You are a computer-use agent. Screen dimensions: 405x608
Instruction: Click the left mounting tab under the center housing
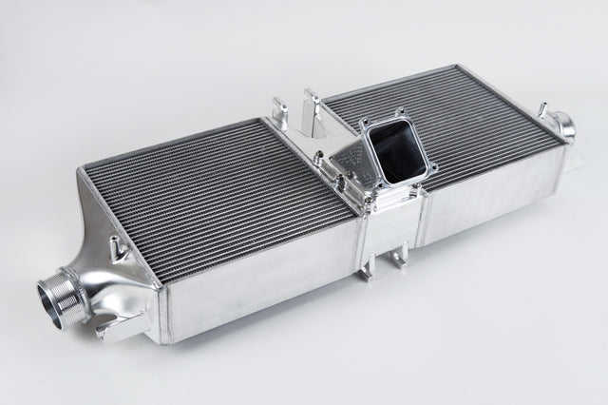[x=366, y=270]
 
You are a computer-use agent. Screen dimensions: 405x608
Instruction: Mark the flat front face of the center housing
[x=389, y=228]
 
